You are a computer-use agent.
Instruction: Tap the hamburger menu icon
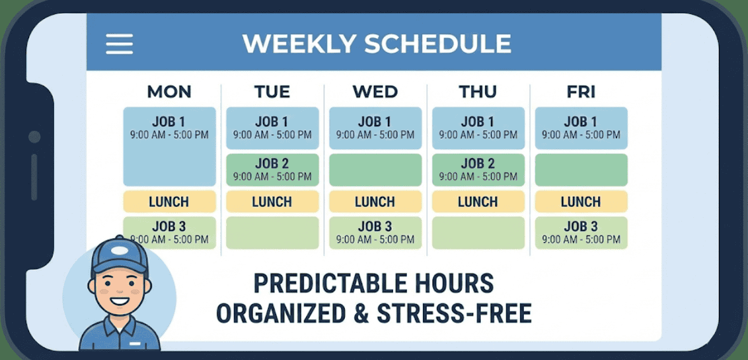coord(119,44)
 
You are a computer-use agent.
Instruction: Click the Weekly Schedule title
coord(377,44)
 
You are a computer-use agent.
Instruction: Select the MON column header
coord(169,92)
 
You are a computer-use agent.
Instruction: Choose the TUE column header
coord(272,92)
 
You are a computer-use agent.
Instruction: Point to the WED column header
coord(375,92)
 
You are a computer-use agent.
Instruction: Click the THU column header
coord(478,92)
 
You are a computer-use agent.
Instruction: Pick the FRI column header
coord(581,92)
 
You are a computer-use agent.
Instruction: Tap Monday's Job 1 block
coord(170,146)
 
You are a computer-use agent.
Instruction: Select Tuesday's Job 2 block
coord(272,170)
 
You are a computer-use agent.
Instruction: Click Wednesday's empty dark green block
coord(375,170)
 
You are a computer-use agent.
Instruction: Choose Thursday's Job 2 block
coord(478,170)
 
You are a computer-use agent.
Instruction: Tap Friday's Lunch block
coord(581,202)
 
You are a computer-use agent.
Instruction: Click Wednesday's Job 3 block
coord(375,232)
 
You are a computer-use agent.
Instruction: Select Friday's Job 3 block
coord(581,232)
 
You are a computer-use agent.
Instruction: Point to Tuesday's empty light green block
coord(272,232)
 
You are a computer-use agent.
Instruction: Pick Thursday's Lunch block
coord(478,202)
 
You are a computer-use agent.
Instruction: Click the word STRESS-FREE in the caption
coord(454,314)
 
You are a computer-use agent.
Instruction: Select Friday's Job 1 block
coord(581,128)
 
